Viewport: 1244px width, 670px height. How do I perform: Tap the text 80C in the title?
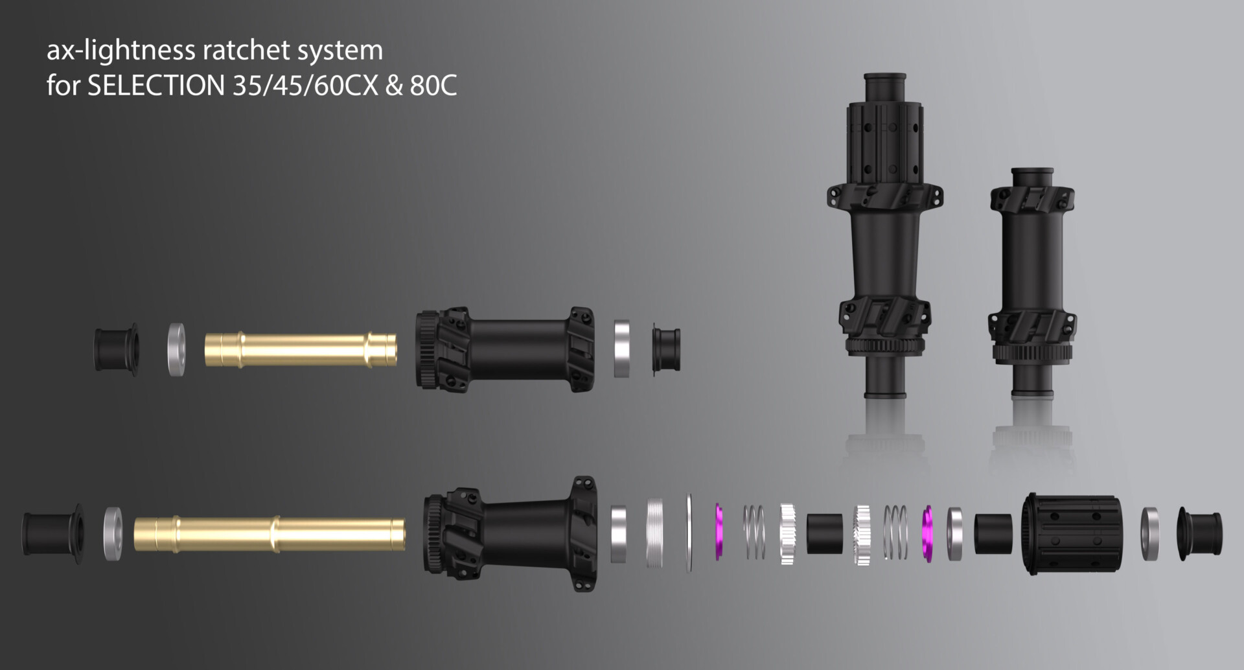click(433, 86)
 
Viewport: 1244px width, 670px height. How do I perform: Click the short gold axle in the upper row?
click(301, 350)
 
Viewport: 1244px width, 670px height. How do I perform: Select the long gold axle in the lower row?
click(270, 535)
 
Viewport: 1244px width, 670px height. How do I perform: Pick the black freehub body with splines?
click(1072, 534)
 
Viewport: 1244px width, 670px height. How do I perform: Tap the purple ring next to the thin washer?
click(719, 532)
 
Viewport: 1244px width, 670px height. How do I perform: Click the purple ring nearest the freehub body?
click(927, 533)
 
